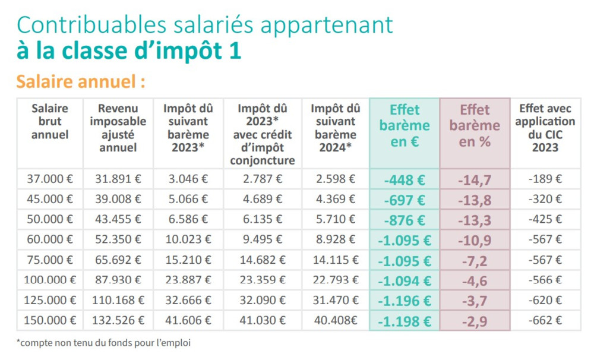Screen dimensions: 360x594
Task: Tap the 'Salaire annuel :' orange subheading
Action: tap(80, 81)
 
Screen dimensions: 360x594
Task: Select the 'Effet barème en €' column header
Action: tap(405, 126)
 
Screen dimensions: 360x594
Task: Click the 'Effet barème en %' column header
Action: tap(475, 126)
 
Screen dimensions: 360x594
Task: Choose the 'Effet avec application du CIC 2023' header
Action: tap(545, 128)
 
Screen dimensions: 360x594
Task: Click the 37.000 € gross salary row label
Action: tap(50, 179)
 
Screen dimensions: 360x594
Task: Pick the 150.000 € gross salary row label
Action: tap(50, 321)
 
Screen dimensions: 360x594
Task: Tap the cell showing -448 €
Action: tap(405, 179)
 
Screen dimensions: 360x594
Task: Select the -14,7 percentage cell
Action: tap(475, 179)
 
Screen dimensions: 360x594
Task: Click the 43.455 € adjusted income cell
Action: tap(118, 219)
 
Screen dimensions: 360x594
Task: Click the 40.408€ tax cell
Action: tap(336, 321)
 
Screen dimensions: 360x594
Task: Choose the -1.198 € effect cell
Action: tap(405, 321)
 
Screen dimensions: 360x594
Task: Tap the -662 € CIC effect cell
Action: tap(545, 321)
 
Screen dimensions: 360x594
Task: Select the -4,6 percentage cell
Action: tap(475, 280)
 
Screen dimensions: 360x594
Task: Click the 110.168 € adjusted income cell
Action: tap(118, 301)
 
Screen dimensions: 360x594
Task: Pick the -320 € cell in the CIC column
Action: tap(545, 199)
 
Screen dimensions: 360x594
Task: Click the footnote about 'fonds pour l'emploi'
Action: tap(104, 343)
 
